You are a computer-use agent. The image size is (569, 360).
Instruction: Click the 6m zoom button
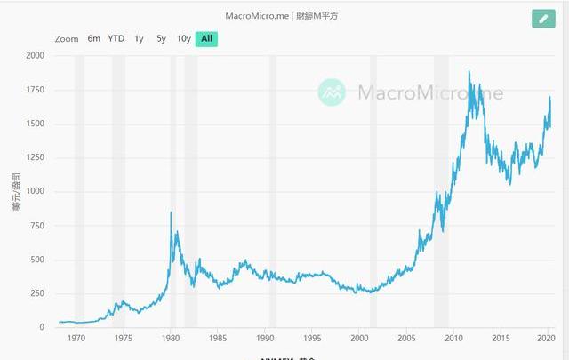[x=94, y=38]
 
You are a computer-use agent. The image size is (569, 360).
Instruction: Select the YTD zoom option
[x=116, y=38]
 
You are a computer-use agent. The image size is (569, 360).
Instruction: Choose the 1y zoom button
[x=139, y=38]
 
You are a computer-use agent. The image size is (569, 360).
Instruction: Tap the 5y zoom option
[x=161, y=38]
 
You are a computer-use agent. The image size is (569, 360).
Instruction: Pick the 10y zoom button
[x=183, y=38]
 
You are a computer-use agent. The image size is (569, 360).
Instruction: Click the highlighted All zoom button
[x=206, y=38]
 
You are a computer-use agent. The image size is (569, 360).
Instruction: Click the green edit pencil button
[x=542, y=18]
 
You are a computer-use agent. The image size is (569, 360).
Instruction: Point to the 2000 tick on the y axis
[x=33, y=55]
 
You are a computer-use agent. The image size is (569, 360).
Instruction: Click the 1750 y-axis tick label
[x=33, y=90]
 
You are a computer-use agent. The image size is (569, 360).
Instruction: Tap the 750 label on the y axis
[x=36, y=226]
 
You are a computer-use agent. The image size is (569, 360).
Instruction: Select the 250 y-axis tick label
[x=36, y=294]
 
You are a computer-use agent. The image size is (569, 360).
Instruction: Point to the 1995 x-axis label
[x=312, y=339]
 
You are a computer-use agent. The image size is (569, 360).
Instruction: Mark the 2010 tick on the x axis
[x=453, y=339]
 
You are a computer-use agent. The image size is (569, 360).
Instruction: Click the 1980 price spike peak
[x=171, y=212]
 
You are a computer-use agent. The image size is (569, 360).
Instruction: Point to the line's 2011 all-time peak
[x=469, y=71]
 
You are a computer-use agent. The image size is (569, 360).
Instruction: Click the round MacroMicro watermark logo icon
[x=333, y=92]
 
